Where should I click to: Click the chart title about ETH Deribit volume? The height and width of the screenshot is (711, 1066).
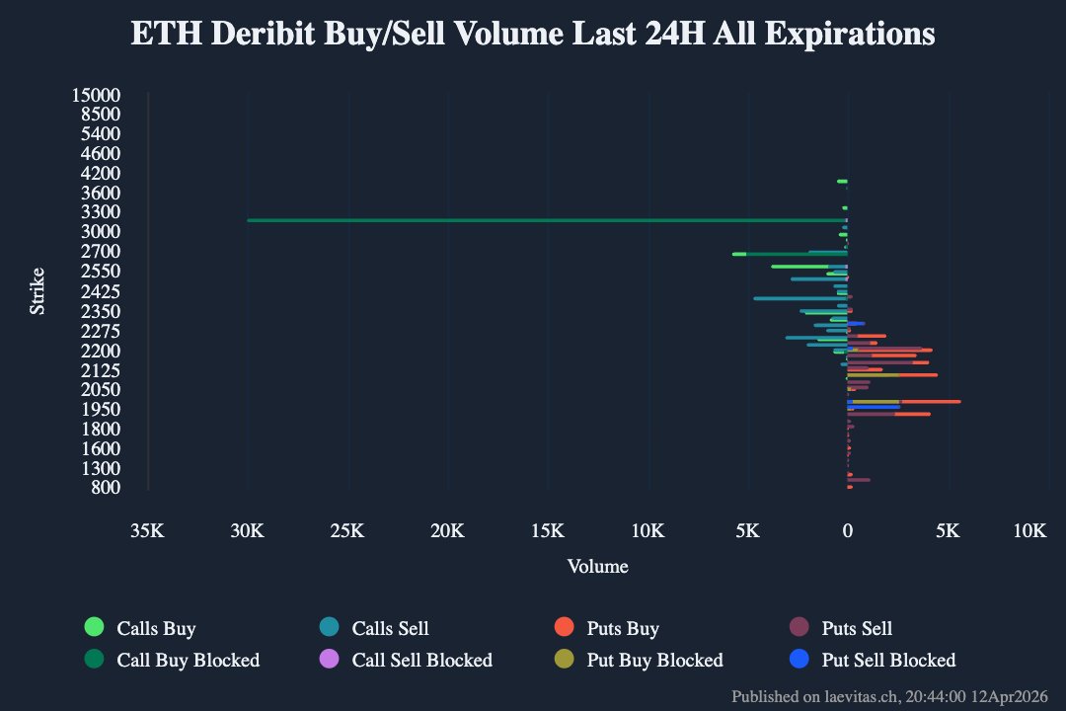533,35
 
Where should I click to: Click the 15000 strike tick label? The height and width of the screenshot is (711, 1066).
97,95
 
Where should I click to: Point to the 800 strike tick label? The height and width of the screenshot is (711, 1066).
106,487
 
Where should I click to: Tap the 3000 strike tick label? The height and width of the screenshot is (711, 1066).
101,231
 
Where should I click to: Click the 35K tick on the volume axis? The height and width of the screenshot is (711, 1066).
147,531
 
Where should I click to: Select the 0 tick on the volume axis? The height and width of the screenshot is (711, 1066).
847,531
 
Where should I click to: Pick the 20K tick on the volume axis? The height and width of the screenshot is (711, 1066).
447,531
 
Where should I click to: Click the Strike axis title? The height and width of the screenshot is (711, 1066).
38,291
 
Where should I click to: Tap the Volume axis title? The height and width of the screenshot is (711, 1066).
597,567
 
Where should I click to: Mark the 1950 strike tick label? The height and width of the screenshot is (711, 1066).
101,409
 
